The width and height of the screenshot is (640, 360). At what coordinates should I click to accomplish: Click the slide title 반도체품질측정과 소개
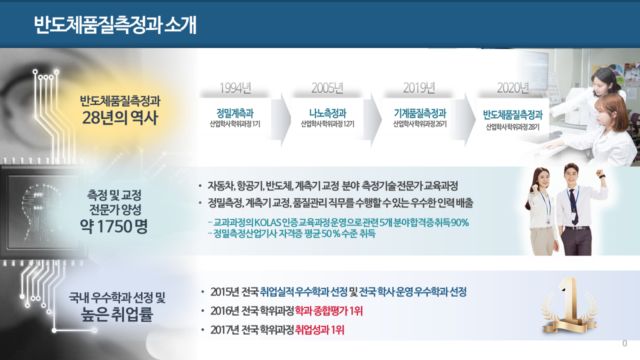coord(115,25)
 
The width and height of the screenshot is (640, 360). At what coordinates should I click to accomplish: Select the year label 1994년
coord(235,87)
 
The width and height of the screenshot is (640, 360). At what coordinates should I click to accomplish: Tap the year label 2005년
coord(327,87)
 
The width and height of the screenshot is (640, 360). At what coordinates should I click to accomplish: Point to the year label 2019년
coord(419,87)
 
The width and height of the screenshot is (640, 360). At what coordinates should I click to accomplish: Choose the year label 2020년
coord(512,87)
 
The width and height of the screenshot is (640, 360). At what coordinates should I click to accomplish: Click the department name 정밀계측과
coord(235,113)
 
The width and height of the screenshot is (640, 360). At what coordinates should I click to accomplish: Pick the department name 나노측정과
coord(327,113)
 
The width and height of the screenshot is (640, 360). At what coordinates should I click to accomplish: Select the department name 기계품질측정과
coord(419,113)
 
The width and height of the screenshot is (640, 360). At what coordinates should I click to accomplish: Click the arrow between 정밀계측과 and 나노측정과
coord(281,119)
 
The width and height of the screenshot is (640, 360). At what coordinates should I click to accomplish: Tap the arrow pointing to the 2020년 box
coord(465,119)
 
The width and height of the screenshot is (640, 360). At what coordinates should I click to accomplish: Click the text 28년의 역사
coord(120,117)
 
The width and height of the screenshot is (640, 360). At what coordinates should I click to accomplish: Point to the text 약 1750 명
coord(113,226)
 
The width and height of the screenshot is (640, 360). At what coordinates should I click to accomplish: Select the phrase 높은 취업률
coord(117,314)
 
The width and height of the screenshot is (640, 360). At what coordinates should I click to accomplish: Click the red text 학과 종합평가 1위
coord(328,311)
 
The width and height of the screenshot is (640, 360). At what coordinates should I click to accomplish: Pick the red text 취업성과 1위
coord(319,330)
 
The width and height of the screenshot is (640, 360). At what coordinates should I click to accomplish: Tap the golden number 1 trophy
coord(569,306)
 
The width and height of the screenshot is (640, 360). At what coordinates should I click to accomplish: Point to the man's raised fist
coord(599,173)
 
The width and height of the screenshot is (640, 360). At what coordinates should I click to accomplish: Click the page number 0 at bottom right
coord(625,343)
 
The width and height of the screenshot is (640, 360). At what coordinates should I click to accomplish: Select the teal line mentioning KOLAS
coord(338,222)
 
